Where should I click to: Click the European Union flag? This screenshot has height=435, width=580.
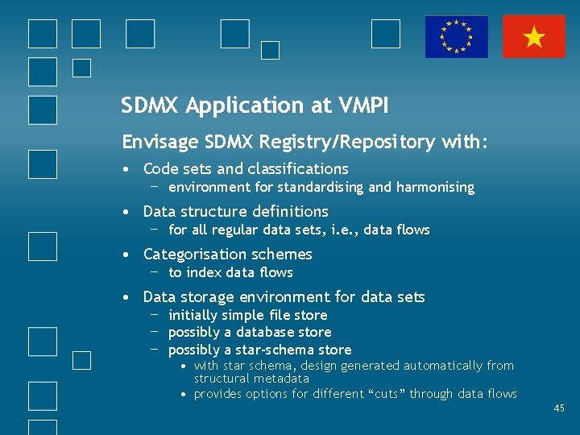(457, 37)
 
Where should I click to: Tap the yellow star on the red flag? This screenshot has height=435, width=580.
(533, 37)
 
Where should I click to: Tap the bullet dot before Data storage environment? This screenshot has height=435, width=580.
(128, 297)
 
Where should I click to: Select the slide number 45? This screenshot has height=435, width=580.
(559, 409)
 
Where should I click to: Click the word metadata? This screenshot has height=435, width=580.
(282, 379)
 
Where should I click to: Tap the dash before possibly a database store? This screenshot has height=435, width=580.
(152, 332)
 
